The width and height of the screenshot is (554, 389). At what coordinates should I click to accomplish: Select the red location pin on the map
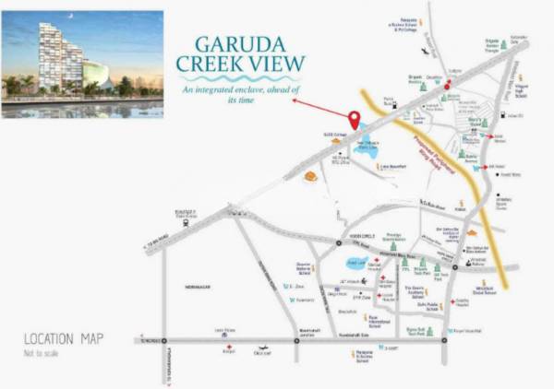[x=354, y=120]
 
